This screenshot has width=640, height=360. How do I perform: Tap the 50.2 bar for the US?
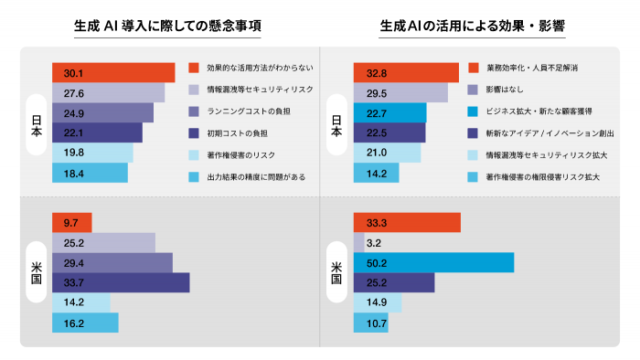coord(433,262)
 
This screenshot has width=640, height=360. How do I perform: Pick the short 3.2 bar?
coord(358,243)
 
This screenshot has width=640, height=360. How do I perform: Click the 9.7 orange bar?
coord(71,223)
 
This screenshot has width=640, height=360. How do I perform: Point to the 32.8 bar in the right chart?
coord(406,72)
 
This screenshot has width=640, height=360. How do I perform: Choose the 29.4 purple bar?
coord(112,262)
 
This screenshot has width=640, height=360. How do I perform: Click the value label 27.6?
coord(74,92)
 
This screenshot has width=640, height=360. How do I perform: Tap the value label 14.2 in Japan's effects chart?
coord(375,173)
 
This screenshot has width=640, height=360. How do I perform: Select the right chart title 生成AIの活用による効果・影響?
coord(472,27)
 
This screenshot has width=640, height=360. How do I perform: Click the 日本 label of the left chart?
coord(37,122)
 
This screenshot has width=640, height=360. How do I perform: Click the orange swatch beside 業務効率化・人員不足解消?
coord(473,69)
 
